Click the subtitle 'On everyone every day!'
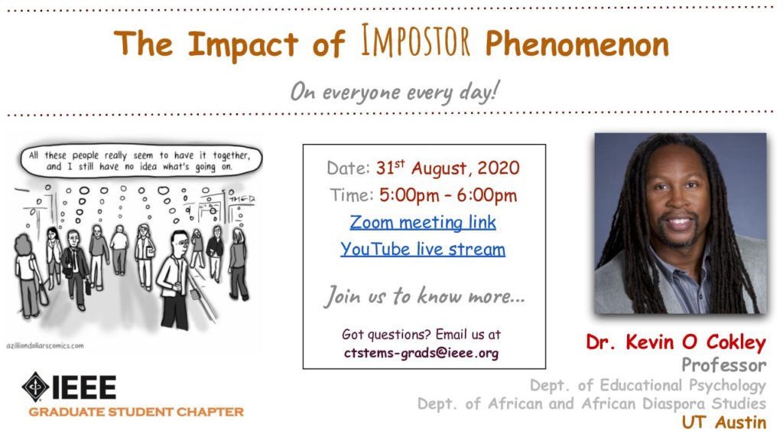tap(395, 92)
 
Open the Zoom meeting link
tap(423, 222)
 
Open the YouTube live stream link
tap(423, 249)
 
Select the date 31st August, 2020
tap(448, 168)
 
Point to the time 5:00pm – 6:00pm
tap(448, 195)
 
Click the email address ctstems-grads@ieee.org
tap(421, 353)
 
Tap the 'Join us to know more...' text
tap(424, 296)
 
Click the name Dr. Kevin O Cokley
tap(676, 342)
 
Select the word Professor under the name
tap(724, 365)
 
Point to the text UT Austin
tap(724, 422)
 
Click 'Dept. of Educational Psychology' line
tap(648, 385)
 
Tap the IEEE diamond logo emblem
tap(35, 387)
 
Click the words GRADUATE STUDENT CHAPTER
tap(136, 412)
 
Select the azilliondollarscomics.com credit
tap(45, 345)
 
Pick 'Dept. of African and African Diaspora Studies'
tap(592, 403)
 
